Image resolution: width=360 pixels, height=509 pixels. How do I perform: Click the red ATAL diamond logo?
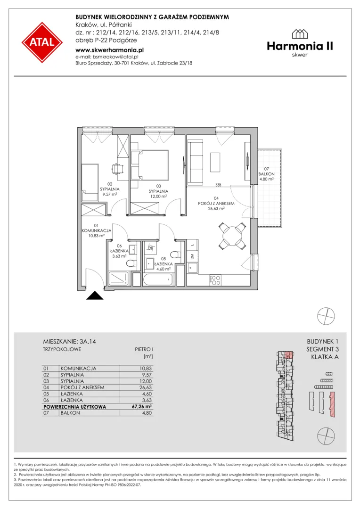[x=42, y=42]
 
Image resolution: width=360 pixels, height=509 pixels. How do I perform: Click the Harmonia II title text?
[x=300, y=46]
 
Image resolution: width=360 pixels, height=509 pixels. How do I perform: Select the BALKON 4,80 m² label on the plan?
[x=266, y=174]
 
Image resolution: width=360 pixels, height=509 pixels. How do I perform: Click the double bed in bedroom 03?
[x=150, y=164]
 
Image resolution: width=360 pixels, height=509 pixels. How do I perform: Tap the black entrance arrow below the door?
[x=95, y=296]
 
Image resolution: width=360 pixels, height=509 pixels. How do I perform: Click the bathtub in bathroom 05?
[x=158, y=279]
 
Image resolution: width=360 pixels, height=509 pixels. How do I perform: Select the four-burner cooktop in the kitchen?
[x=216, y=280]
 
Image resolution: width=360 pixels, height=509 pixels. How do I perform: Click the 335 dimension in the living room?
[x=218, y=185]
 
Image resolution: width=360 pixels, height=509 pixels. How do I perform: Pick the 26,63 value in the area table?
[x=146, y=387]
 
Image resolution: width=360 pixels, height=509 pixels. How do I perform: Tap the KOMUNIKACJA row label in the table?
[x=78, y=369]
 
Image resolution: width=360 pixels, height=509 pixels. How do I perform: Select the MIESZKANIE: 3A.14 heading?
[x=69, y=342]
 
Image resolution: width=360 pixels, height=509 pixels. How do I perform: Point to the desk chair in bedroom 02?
[x=117, y=169]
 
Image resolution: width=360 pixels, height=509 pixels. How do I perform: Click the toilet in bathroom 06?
[x=131, y=263]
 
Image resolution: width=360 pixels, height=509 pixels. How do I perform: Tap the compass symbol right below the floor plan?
[x=326, y=315]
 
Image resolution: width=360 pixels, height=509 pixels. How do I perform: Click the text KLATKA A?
[x=325, y=357]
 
